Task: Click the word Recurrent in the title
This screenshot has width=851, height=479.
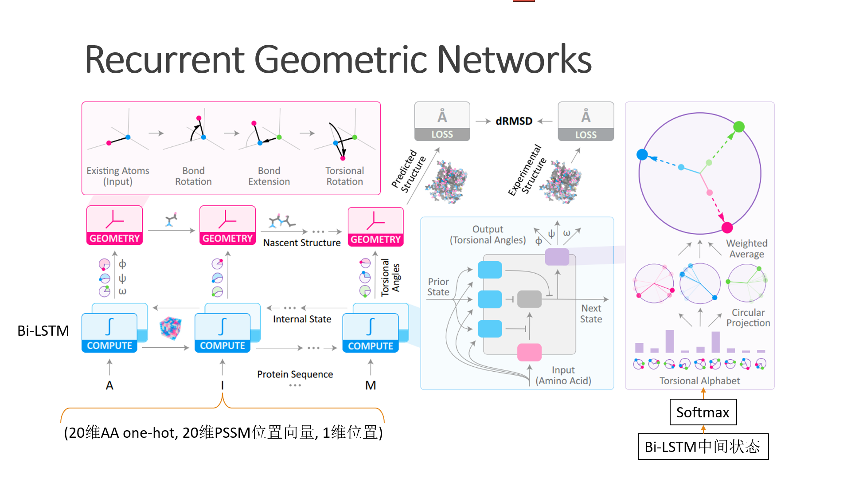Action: [164, 59]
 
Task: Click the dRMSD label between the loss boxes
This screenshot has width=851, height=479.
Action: [514, 121]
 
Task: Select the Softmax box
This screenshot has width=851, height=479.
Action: [703, 412]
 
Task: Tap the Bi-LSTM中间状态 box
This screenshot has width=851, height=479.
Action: [703, 447]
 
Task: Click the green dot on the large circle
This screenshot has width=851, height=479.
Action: [739, 127]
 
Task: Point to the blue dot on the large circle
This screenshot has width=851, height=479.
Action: [642, 154]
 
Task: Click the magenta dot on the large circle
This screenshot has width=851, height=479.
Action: [727, 228]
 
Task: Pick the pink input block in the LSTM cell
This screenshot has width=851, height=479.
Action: [529, 352]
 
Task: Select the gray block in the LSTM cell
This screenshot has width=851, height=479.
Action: [529, 299]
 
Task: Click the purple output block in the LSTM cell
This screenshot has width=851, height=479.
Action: [557, 257]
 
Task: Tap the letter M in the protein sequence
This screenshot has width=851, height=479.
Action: [371, 385]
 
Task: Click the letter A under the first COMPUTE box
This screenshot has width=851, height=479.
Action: [109, 385]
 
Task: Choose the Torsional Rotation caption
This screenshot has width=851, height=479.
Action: [344, 176]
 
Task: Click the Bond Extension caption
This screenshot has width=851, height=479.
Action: [269, 176]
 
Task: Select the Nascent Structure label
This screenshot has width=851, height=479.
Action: [302, 243]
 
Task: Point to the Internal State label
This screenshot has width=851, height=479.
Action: [302, 319]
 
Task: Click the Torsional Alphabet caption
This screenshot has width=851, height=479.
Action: [699, 381]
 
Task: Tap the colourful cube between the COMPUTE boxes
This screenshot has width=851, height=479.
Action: [171, 328]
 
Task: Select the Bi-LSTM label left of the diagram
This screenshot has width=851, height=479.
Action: [43, 330]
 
